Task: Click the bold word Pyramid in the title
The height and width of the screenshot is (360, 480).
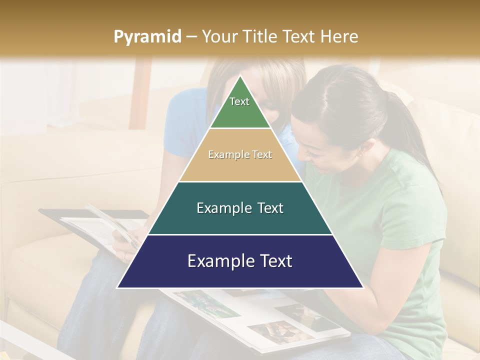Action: [x=147, y=37]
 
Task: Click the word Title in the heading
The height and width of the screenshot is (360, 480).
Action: [x=259, y=37]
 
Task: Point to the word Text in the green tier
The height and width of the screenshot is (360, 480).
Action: [x=239, y=101]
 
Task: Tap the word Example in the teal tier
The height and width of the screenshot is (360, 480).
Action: [x=224, y=208]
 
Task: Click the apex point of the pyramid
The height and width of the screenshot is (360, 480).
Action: [x=240, y=76]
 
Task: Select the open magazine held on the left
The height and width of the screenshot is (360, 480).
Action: [x=95, y=225]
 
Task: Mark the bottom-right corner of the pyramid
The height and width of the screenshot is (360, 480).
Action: [x=362, y=287]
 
